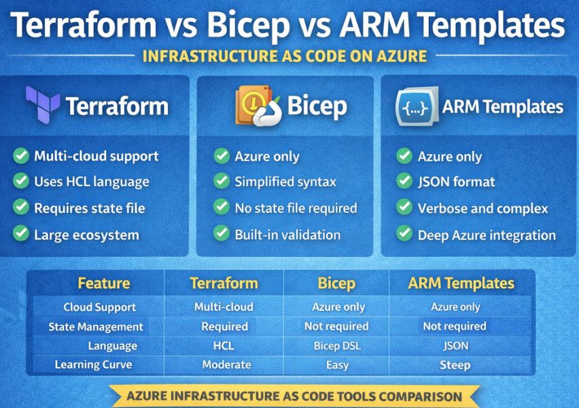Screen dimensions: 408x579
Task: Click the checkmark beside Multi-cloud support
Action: tap(21, 156)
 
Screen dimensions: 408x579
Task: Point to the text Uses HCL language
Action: tap(91, 182)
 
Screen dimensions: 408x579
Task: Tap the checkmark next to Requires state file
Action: tap(21, 208)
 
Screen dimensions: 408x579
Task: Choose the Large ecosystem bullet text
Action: tap(86, 235)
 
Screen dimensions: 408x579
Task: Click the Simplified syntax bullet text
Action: tap(285, 182)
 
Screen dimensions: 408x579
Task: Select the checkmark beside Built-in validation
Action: tap(222, 235)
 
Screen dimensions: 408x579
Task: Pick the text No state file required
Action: tap(296, 208)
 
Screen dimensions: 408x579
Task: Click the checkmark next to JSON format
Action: tap(404, 182)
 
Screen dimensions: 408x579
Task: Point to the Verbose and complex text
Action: tap(482, 209)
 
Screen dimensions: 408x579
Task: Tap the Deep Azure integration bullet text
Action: tap(487, 235)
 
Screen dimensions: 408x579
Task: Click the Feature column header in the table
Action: tap(103, 283)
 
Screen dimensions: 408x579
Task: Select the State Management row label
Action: tap(96, 326)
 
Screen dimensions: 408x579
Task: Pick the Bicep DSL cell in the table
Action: tap(338, 345)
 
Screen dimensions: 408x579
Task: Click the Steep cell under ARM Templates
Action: tap(455, 365)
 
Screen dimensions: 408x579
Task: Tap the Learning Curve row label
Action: tap(93, 365)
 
